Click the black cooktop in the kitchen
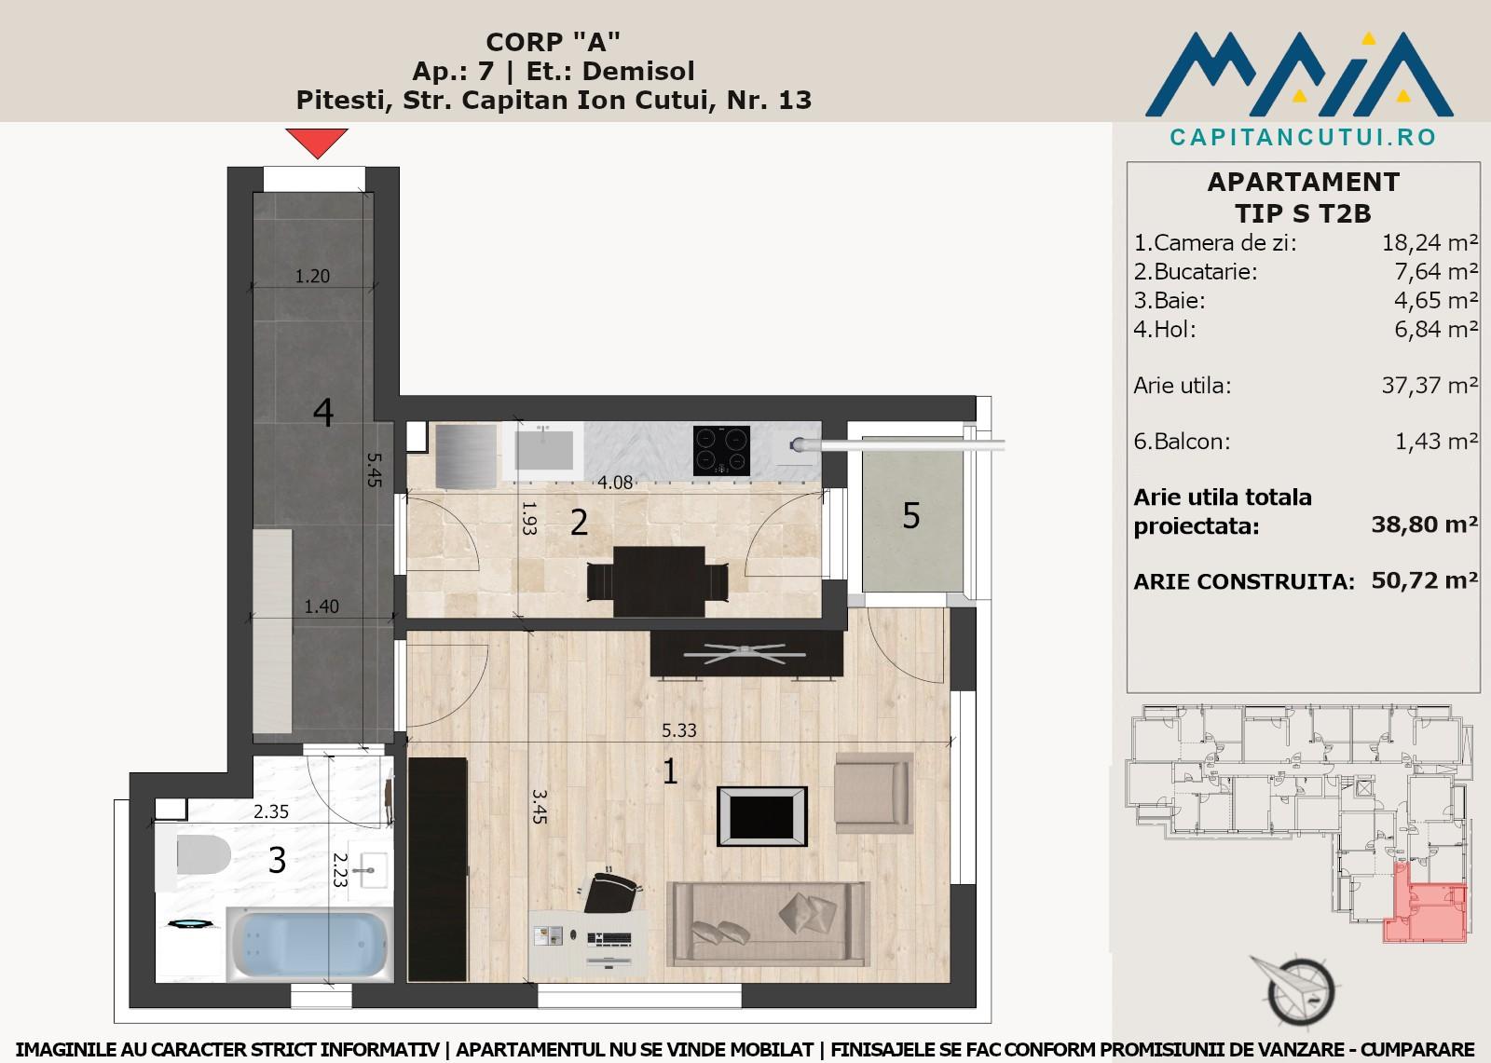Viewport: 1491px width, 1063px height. click(x=721, y=451)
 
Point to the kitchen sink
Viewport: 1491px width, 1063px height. click(x=543, y=451)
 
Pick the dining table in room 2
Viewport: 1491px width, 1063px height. click(x=658, y=581)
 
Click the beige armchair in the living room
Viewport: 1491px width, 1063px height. click(x=873, y=793)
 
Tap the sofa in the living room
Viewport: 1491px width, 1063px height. click(x=768, y=924)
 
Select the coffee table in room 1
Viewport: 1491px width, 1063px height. click(x=762, y=816)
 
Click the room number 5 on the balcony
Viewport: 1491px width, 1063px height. click(x=911, y=516)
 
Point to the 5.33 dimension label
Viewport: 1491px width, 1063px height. click(x=679, y=730)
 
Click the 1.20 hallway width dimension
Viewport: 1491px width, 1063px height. click(x=312, y=277)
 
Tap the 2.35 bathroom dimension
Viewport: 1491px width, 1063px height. click(x=271, y=812)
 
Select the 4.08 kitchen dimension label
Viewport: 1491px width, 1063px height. click(x=615, y=483)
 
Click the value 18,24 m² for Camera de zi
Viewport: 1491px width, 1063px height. click(x=1429, y=243)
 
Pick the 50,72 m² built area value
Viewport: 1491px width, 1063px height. click(x=1425, y=580)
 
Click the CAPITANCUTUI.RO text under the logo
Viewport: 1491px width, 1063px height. click(x=1304, y=137)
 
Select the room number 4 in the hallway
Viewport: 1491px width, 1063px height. click(x=323, y=413)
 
